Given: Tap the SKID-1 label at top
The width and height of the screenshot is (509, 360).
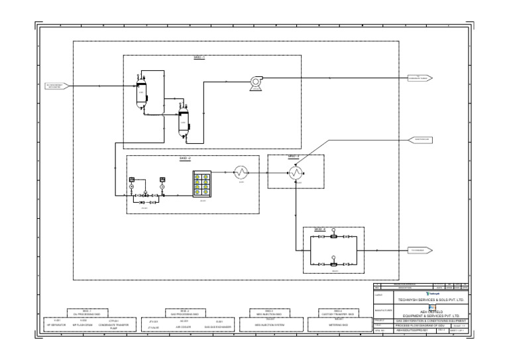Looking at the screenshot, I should [199, 58].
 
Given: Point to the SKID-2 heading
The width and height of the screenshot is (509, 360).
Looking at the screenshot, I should [185, 158].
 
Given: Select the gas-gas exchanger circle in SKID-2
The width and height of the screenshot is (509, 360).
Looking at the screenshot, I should [242, 172].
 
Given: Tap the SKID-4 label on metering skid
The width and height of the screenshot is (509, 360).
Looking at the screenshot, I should [319, 229].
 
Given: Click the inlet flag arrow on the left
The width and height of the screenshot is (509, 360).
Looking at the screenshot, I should [56, 86].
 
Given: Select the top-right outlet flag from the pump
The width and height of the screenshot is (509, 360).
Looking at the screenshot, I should [420, 78].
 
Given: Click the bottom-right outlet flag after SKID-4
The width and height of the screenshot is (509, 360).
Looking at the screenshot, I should [420, 250].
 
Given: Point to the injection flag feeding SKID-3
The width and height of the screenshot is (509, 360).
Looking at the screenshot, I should [420, 139].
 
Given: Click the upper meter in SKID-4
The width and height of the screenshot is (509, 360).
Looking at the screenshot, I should [335, 237].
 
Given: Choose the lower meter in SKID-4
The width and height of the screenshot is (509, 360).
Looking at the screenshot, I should [335, 263].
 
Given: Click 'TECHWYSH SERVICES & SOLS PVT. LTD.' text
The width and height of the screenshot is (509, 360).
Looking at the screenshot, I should [431, 299].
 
